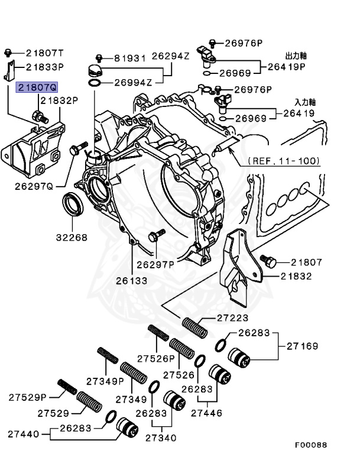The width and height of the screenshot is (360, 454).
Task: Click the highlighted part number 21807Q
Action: (x=37, y=87)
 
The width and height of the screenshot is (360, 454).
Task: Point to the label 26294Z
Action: (x=170, y=56)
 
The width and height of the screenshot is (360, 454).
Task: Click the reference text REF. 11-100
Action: (x=284, y=160)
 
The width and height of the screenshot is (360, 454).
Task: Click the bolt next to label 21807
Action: (x=269, y=260)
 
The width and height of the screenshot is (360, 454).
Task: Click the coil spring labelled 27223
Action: (x=195, y=325)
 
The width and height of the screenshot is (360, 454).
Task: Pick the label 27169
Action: (x=301, y=346)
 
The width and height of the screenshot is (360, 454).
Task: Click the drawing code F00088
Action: (x=310, y=445)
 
